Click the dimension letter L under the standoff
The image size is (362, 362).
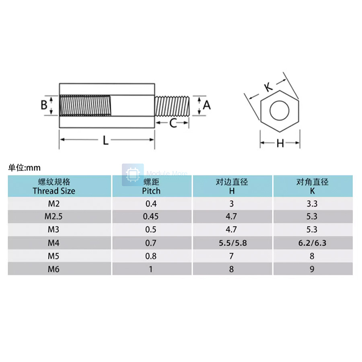click(105, 141)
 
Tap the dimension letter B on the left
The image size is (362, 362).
click(44, 105)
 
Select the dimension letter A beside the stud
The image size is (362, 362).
click(207, 105)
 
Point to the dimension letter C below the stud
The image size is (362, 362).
click(173, 123)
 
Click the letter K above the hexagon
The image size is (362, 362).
click(268, 86)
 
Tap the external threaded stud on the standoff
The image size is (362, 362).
click(172, 105)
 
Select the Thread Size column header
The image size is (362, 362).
click(60, 187)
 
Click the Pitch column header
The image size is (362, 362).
click(151, 187)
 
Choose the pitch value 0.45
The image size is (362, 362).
click(151, 216)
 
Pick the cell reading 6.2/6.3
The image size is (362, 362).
click(313, 243)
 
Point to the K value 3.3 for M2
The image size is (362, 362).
click(313, 204)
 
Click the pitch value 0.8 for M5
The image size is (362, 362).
click(151, 256)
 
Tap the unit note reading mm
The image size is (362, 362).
click(24, 168)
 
